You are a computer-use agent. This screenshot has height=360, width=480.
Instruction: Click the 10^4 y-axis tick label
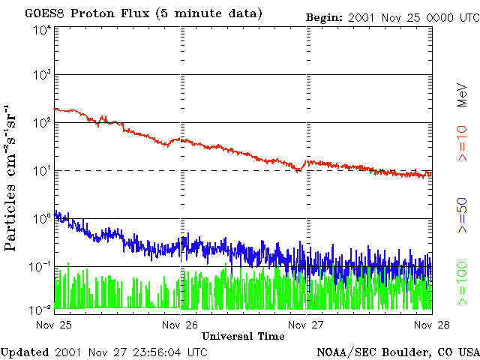click(42, 31)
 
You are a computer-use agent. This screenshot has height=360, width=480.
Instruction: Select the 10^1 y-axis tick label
click(42, 171)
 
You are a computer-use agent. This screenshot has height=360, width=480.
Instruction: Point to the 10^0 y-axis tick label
click(42, 219)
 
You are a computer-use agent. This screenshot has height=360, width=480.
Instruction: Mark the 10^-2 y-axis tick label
click(42, 309)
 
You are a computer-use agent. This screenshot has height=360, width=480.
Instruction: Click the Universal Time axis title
click(243, 336)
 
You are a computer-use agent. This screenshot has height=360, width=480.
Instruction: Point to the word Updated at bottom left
click(25, 352)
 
